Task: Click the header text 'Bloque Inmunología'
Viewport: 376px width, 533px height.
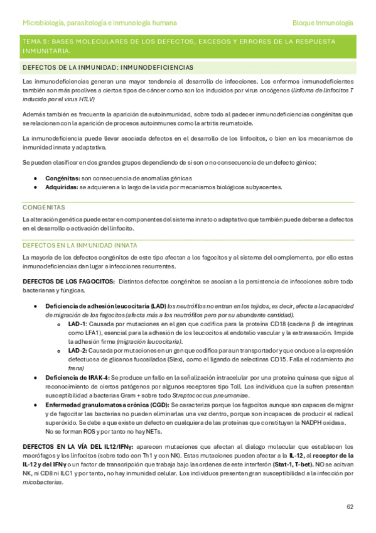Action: point(323,23)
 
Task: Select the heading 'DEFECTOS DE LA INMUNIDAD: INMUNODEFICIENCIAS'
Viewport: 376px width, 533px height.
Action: point(107,67)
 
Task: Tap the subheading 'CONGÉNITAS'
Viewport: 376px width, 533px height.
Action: point(39,207)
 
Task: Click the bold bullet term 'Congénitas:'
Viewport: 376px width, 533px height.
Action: point(61,178)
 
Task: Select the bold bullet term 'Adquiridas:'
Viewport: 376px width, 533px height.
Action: point(62,187)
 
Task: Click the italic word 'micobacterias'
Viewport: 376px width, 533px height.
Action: point(42,482)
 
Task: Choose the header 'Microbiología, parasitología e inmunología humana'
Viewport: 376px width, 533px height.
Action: point(99,23)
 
